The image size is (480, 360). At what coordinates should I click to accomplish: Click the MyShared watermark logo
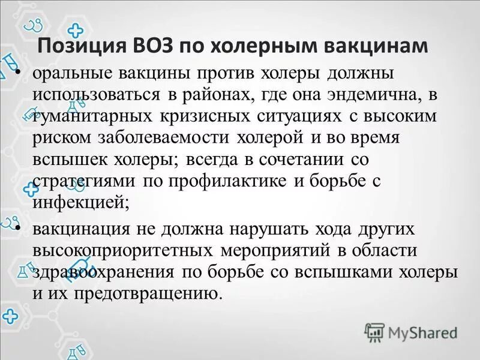click(412, 331)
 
